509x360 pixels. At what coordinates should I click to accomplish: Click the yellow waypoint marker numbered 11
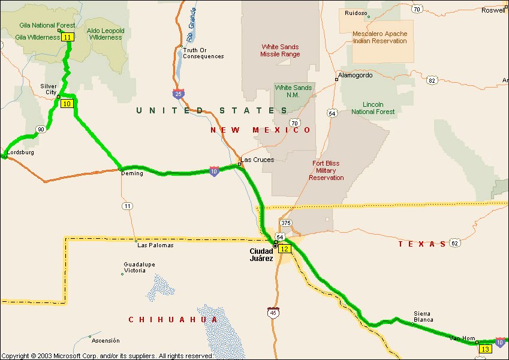68,37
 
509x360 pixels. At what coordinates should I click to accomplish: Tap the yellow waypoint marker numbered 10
67,104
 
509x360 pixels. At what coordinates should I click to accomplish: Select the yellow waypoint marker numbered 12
285,248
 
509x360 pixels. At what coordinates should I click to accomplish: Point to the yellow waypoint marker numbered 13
485,349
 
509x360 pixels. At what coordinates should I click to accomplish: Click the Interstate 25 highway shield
177,94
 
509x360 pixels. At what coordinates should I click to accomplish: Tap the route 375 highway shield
285,223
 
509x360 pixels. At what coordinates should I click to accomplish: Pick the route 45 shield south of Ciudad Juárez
273,312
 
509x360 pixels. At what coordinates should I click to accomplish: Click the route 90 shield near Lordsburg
40,129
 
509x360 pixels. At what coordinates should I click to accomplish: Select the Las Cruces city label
257,160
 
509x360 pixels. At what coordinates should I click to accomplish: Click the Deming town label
132,173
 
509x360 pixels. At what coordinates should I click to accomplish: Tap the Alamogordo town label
355,76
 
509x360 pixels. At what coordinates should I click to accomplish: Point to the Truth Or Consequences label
203,53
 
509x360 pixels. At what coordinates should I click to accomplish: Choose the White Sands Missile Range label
280,50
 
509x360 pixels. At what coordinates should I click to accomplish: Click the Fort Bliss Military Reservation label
326,170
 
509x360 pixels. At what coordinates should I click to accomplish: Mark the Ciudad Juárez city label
261,254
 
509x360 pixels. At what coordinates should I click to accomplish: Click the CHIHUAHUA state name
173,320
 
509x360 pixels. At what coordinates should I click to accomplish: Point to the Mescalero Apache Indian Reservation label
380,37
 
